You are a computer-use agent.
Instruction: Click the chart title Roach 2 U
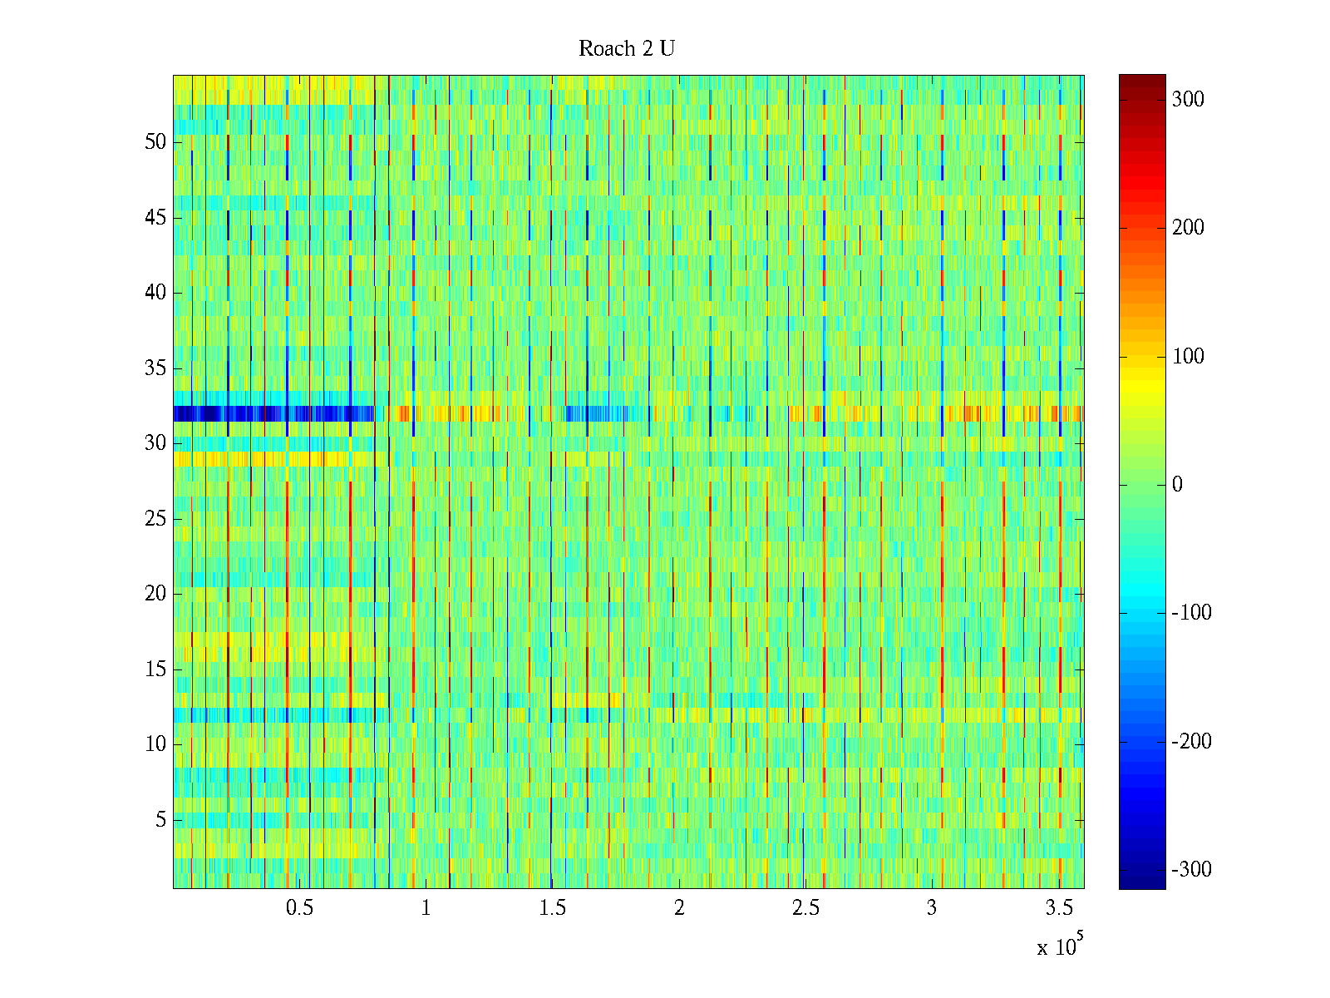coord(627,49)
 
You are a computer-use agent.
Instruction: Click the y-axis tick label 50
coord(155,142)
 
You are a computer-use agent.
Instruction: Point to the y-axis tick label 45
coord(155,218)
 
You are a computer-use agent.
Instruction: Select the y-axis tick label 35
coord(155,368)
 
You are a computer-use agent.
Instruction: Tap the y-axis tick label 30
coord(155,443)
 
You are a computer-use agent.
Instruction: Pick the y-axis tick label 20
coord(155,594)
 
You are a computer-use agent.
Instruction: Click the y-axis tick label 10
coord(155,744)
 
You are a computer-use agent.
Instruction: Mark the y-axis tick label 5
coord(160,820)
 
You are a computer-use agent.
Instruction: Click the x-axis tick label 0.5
coord(299,908)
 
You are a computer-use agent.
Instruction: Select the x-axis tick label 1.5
coord(552,908)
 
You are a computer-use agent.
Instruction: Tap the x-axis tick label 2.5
coord(805,908)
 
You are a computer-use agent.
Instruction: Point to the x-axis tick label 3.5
coord(1058,908)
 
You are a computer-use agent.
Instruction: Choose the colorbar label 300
coord(1188,100)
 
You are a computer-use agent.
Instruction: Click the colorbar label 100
coord(1188,357)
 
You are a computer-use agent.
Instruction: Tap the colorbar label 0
coord(1177,485)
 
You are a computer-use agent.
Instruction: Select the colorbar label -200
coord(1191,742)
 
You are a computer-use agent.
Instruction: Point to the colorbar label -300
coord(1191,870)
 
